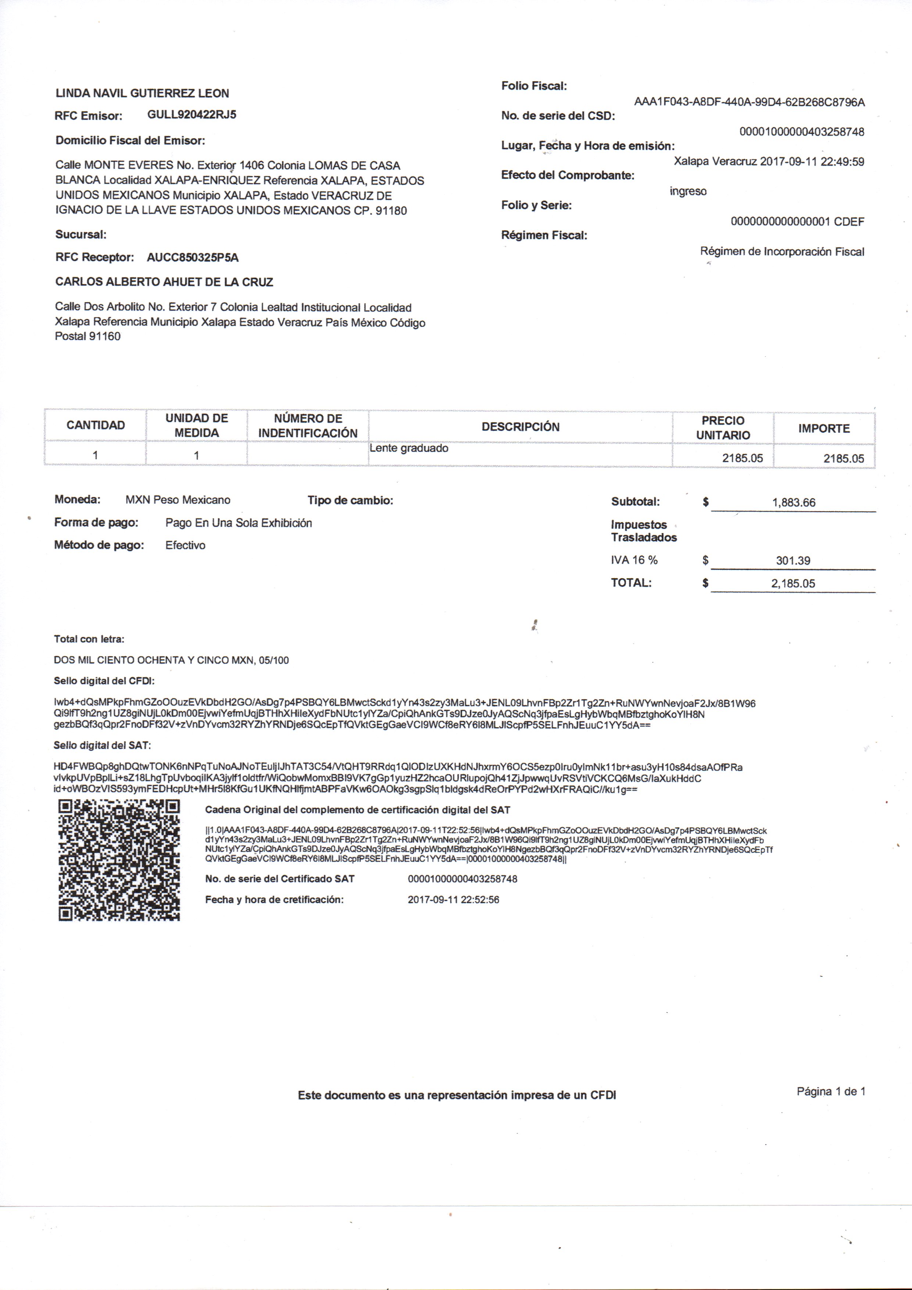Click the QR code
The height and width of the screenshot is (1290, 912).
tap(119, 860)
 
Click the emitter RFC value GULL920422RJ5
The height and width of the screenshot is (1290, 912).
tap(192, 115)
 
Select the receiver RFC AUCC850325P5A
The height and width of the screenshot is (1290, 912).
tap(193, 257)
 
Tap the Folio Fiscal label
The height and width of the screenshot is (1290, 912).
tap(534, 86)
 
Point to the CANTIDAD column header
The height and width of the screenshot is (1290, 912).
tap(96, 425)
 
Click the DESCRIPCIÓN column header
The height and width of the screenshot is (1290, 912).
tap(521, 426)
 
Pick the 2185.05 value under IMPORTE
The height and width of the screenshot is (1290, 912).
tap(844, 458)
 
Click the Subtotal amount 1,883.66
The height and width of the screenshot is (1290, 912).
tap(793, 502)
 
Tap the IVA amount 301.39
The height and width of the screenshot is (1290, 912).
tap(793, 560)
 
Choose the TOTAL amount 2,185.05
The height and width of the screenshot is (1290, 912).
tap(793, 583)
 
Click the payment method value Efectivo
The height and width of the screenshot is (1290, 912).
tap(185, 545)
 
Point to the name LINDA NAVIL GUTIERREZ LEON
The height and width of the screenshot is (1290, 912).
tap(142, 93)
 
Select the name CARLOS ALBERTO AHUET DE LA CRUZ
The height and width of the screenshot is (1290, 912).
tap(164, 282)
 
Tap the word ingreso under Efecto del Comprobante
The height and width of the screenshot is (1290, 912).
tap(688, 191)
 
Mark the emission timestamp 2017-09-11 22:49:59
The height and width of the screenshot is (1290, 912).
tap(812, 162)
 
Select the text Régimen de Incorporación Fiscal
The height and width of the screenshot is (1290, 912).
tap(782, 252)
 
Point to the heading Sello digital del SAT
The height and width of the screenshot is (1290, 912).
tap(102, 746)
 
